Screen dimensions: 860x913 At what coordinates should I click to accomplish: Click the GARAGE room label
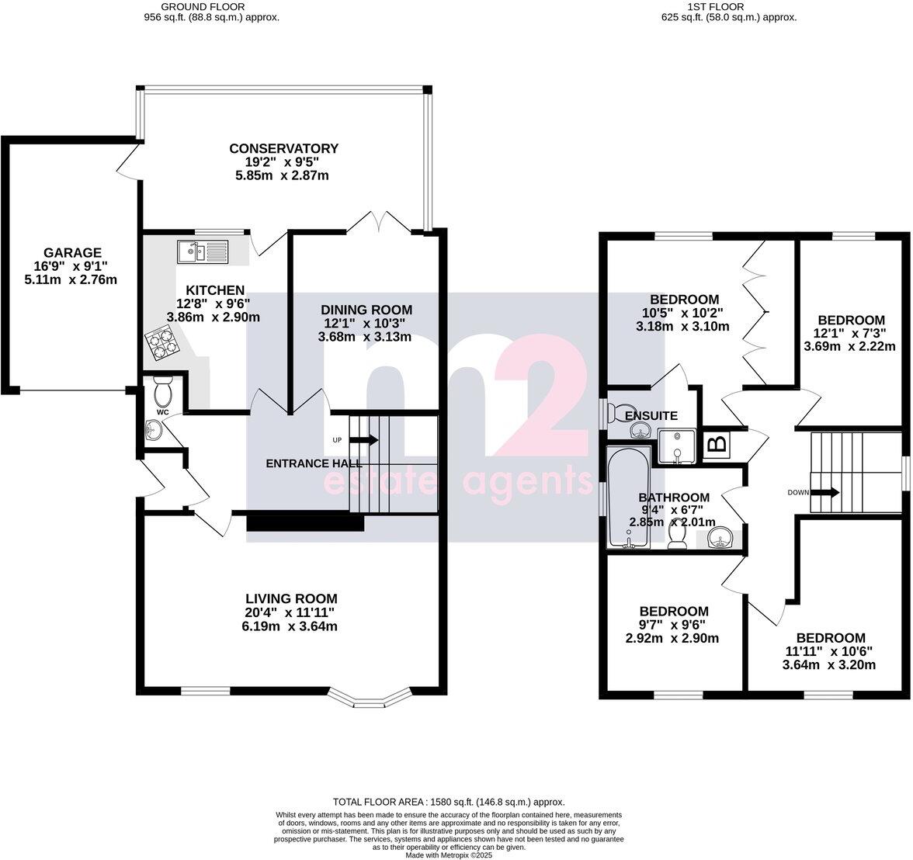[72, 253]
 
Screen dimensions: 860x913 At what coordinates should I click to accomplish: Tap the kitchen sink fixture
[201, 251]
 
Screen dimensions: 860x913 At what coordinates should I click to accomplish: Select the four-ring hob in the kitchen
[161, 343]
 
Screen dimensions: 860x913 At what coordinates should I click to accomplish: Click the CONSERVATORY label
[283, 148]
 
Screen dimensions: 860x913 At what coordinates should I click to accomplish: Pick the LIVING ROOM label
[291, 598]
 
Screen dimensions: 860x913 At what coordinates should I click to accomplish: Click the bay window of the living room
[369, 698]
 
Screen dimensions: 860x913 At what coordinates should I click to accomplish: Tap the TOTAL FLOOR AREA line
[449, 802]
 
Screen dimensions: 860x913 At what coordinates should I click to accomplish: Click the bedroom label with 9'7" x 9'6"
[673, 612]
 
